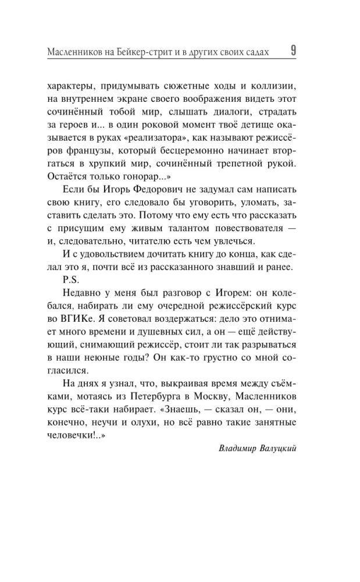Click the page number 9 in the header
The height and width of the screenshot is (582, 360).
(293, 51)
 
